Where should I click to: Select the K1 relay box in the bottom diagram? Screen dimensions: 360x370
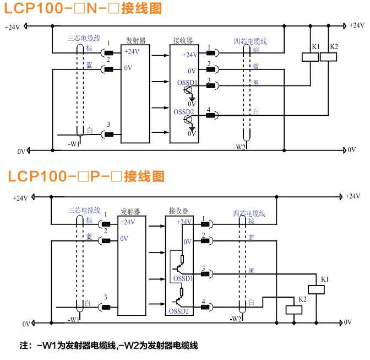click(318, 289)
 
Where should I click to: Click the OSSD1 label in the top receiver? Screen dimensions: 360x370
click(187, 83)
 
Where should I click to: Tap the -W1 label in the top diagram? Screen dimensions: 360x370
click(74, 144)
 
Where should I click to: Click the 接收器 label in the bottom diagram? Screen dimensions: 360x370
click(178, 211)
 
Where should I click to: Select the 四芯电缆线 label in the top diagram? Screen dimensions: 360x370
click(251, 41)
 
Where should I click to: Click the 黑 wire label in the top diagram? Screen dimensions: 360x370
click(255, 83)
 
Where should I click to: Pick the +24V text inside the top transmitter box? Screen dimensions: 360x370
click(132, 52)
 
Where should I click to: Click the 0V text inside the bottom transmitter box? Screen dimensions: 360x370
click(124, 239)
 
